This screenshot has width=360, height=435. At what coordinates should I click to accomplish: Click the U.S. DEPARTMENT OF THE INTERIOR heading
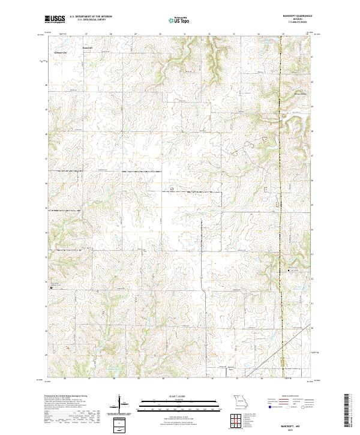pos(91,17)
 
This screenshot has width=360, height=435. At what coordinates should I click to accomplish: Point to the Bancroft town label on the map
pos(88,47)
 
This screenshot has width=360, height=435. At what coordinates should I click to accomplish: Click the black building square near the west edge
pos(51,287)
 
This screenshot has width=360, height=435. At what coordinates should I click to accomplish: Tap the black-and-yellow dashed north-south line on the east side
pos(281,180)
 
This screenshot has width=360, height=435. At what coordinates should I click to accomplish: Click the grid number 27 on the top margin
pos(88,34)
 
